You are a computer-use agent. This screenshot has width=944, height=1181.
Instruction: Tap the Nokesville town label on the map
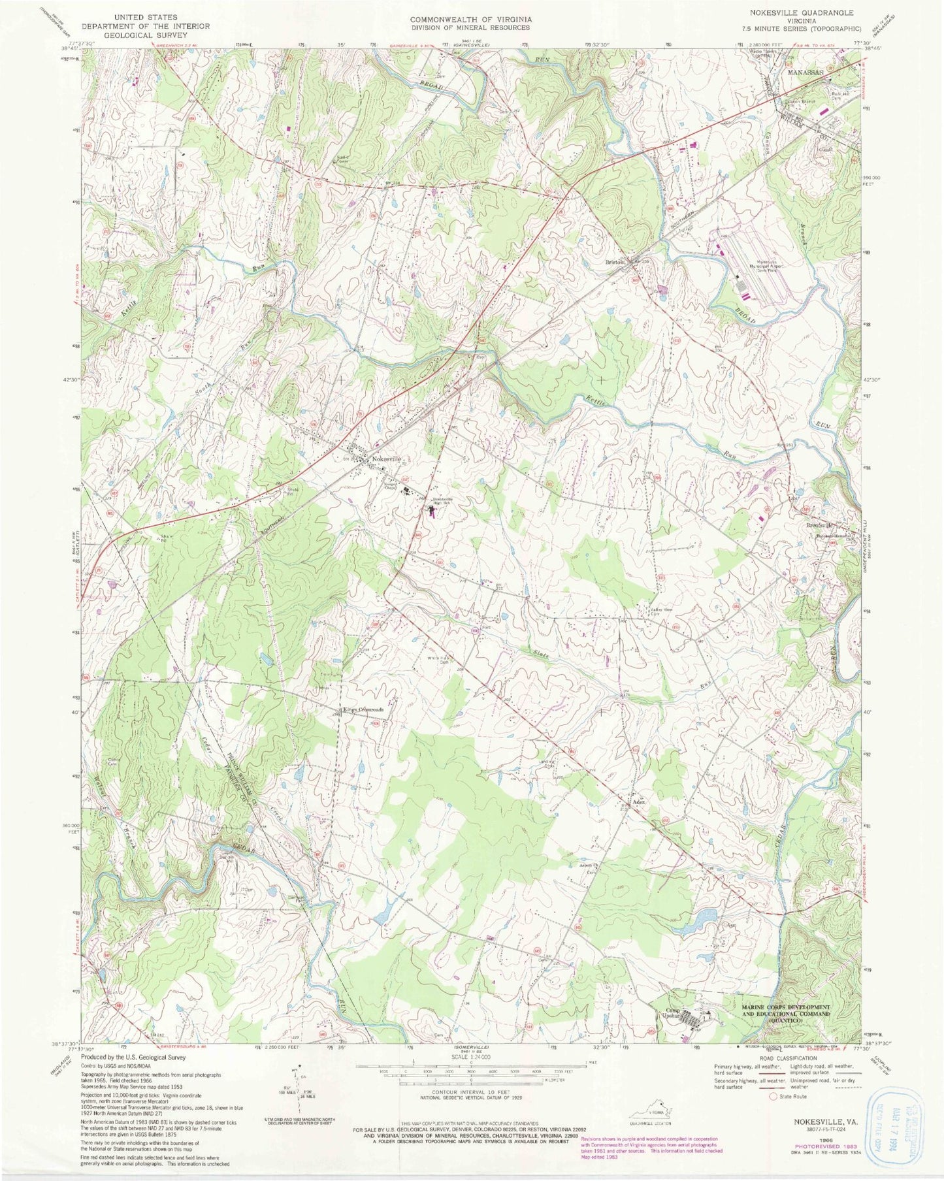point(386,459)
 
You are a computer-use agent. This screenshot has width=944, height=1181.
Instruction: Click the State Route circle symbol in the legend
point(775,1097)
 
